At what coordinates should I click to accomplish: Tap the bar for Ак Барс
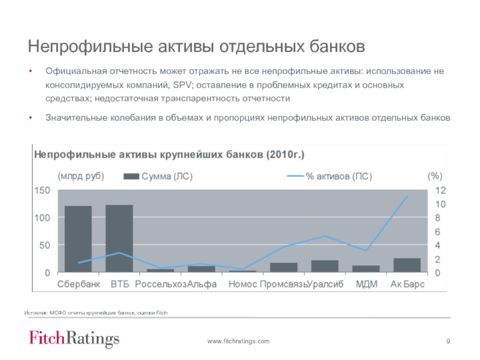[407, 265]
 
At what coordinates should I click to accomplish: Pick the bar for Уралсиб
[325, 266]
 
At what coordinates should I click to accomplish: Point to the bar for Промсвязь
[283, 268]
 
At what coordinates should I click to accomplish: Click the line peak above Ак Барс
[407, 196]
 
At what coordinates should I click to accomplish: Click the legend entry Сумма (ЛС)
[158, 177]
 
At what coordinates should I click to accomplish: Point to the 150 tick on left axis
[42, 190]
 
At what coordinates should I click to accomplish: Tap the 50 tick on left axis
[44, 245]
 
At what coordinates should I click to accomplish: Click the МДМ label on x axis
[367, 284]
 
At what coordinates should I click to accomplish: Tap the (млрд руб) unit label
[81, 176]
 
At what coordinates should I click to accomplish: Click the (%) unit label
[434, 176]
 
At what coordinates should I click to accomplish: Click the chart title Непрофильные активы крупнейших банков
[169, 155]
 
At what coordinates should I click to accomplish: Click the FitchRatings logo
[74, 339]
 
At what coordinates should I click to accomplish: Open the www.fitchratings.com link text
[238, 341]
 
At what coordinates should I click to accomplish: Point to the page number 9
[448, 341]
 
